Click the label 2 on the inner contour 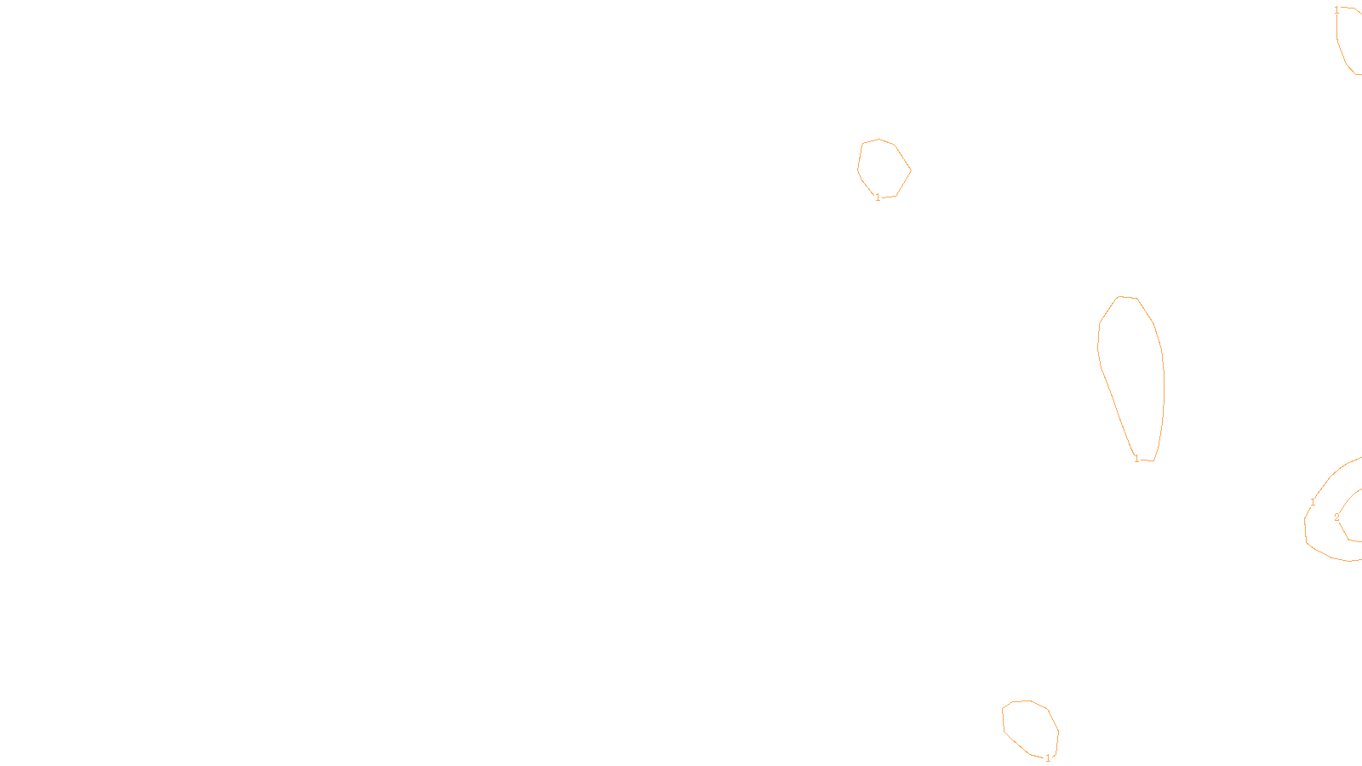pyautogui.click(x=1336, y=517)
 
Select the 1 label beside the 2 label pyautogui.click(x=1313, y=502)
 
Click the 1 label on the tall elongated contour pyautogui.click(x=1136, y=459)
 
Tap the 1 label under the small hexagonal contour pyautogui.click(x=878, y=197)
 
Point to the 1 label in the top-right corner pyautogui.click(x=1336, y=10)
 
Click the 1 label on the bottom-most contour pyautogui.click(x=1048, y=757)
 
